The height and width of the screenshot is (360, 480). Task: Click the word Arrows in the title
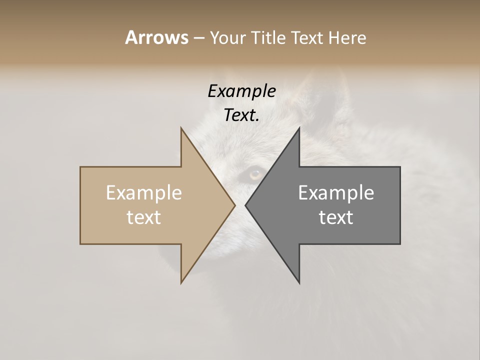tap(156, 37)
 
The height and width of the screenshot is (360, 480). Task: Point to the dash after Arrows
tap(198, 38)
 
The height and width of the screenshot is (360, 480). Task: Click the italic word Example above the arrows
tap(241, 91)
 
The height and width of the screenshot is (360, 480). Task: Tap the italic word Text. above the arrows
tap(241, 115)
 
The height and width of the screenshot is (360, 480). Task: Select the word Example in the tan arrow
tap(144, 193)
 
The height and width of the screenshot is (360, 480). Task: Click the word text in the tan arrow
tap(144, 217)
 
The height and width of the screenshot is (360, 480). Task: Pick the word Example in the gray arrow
tap(336, 193)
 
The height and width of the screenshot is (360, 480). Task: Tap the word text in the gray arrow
tap(336, 217)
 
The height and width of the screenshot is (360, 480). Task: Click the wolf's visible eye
tap(255, 174)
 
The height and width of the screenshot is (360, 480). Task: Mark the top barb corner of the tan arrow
tap(181, 128)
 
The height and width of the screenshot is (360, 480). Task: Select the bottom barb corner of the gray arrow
tap(299, 282)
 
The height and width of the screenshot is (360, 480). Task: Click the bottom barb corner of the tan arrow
tap(181, 282)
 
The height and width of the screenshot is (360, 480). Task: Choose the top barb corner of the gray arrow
tap(299, 128)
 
